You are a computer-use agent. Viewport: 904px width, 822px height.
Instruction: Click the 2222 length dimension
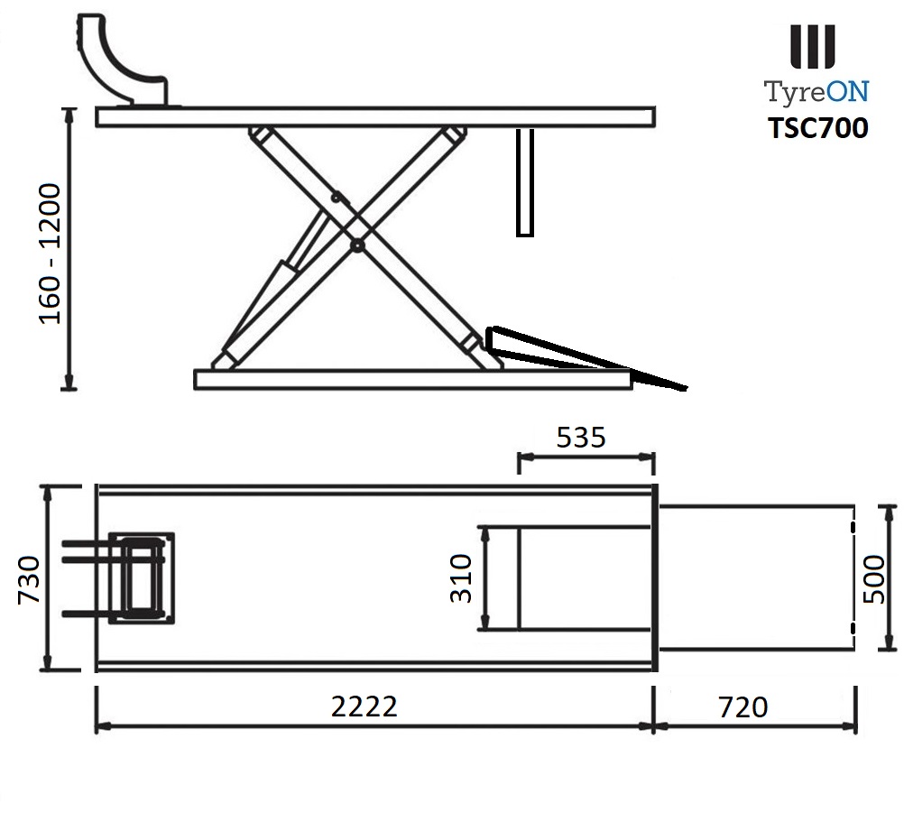[x=364, y=707]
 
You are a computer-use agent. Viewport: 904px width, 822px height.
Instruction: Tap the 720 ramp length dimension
[x=743, y=707]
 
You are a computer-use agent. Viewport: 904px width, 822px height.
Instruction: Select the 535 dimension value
[x=581, y=438]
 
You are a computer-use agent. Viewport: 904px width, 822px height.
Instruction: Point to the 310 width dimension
[x=461, y=578]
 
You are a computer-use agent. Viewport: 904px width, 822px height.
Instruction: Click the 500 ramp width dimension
[x=874, y=578]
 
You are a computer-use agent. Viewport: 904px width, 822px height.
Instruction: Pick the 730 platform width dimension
[x=29, y=579]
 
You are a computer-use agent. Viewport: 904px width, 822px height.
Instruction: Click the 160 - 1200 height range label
[x=50, y=254]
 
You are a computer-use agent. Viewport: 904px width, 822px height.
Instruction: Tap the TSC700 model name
[x=817, y=128]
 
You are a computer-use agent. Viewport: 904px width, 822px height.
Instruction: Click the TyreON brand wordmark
[x=816, y=92]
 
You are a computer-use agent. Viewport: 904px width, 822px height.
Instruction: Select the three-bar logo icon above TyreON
[x=812, y=46]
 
